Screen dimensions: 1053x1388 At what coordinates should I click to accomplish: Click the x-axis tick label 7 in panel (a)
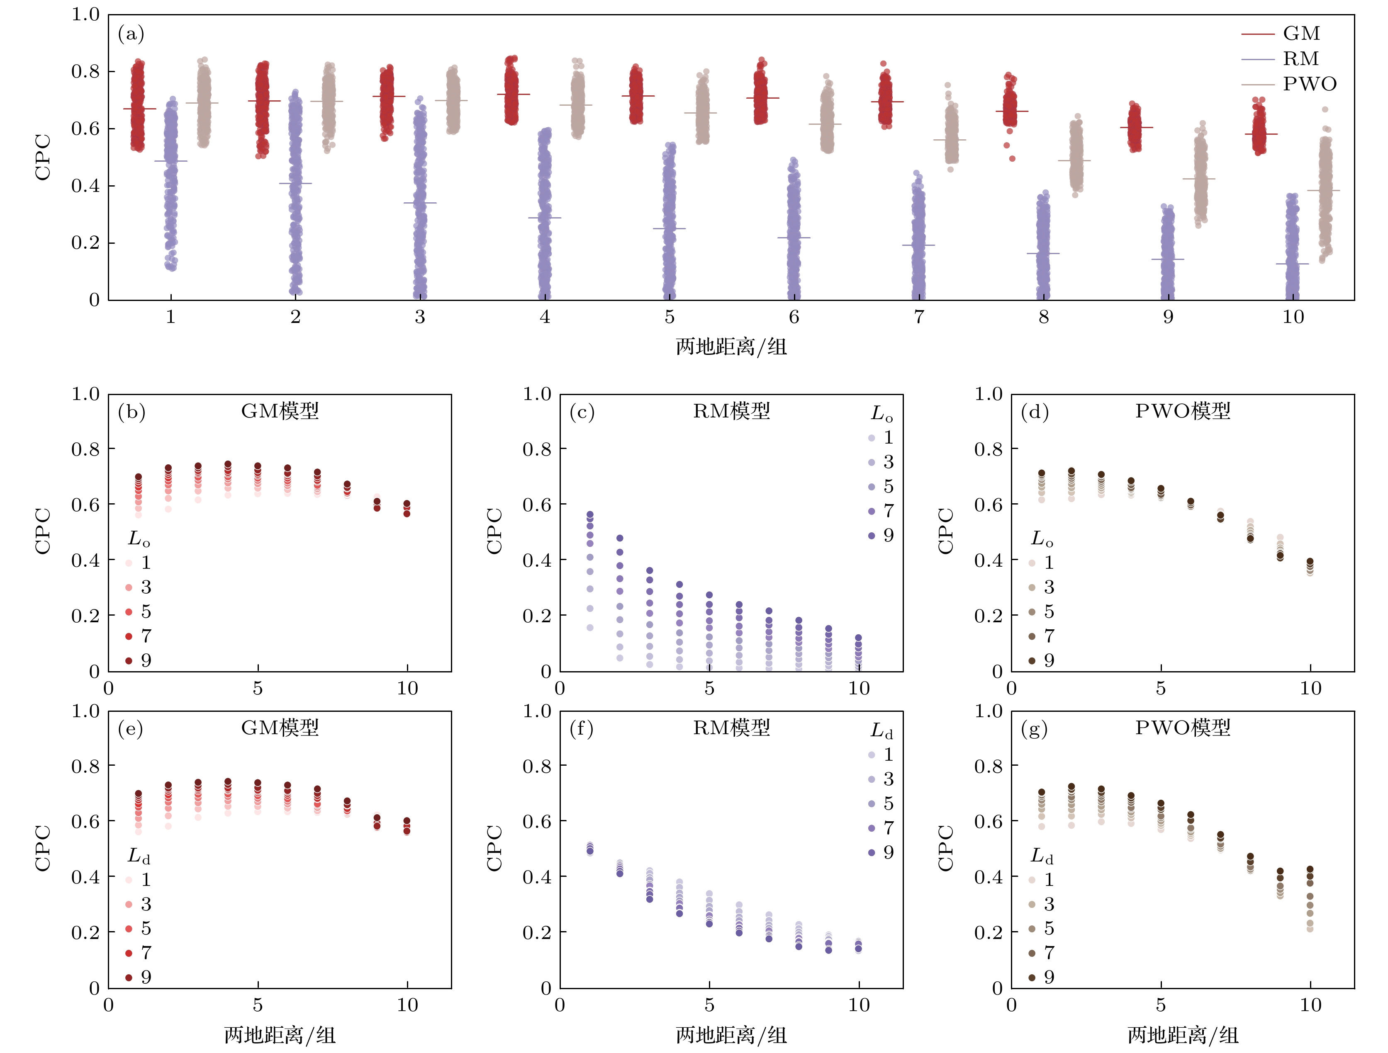[919, 317]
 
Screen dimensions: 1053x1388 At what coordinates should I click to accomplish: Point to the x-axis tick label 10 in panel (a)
[1293, 317]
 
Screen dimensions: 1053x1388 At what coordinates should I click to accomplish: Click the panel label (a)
[131, 33]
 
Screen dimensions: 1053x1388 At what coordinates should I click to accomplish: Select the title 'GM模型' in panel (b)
[280, 411]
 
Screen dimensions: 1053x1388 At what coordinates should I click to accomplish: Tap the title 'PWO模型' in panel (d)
[1182, 411]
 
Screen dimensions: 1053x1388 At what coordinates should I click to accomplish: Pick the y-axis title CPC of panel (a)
[43, 157]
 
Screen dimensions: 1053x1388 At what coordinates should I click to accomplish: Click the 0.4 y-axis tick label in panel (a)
[85, 186]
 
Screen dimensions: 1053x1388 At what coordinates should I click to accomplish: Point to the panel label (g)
[1034, 729]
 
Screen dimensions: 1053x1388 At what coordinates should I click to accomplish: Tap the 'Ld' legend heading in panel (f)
[882, 730]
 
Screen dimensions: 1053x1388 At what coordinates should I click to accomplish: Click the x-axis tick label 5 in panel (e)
[258, 1005]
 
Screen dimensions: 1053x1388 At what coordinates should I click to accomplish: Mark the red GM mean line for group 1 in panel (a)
[139, 109]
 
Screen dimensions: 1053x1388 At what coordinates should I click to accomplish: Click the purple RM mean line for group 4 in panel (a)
[545, 218]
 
